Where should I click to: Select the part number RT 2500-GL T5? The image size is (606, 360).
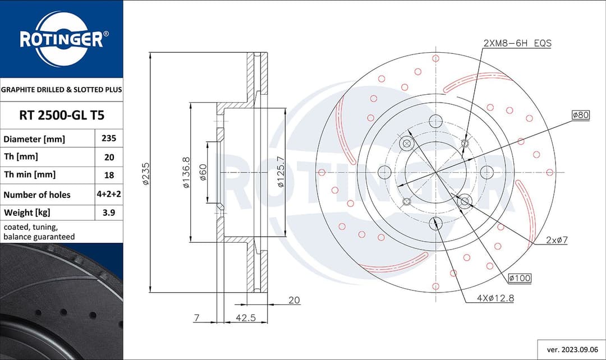coord(61,116)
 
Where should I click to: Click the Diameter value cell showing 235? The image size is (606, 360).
coord(108,139)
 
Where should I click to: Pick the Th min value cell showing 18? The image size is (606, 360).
coord(108,175)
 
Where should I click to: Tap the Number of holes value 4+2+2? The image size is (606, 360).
coord(108,195)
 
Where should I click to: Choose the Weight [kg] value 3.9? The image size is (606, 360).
coord(108,213)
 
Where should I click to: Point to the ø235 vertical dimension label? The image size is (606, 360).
coord(145,173)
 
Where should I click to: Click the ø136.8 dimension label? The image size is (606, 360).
coord(186,172)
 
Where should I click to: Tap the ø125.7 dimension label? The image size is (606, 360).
coord(279,172)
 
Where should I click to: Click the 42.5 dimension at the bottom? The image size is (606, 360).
coord(246,318)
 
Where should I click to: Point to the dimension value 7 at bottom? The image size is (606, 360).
coord(196,318)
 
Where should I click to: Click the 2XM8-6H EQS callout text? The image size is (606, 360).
coord(517,43)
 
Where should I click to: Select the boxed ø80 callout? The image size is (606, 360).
coord(580,115)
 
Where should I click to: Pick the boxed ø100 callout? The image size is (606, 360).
coord(520,278)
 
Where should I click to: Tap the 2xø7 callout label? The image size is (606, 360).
coord(557,240)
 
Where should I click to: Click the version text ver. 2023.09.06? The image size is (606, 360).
coord(571,349)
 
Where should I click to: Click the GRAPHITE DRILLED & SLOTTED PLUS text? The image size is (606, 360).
coord(61,90)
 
